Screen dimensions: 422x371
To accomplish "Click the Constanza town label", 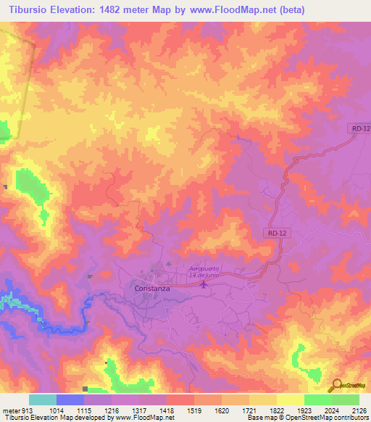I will tap(151, 288).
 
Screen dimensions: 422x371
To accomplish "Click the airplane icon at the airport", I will tap(203, 284).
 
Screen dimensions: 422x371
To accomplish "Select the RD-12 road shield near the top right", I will tap(359, 128).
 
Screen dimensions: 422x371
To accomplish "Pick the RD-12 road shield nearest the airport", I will tap(272, 233).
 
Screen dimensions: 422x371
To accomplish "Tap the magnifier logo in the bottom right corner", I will tap(336, 385).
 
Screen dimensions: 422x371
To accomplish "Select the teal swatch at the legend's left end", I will tap(42, 400).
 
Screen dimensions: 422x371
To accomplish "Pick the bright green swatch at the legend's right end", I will tap(345, 400).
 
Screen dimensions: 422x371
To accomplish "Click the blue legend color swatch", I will tap(70, 400).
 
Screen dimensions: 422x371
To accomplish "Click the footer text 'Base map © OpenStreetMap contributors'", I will tap(307, 418).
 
